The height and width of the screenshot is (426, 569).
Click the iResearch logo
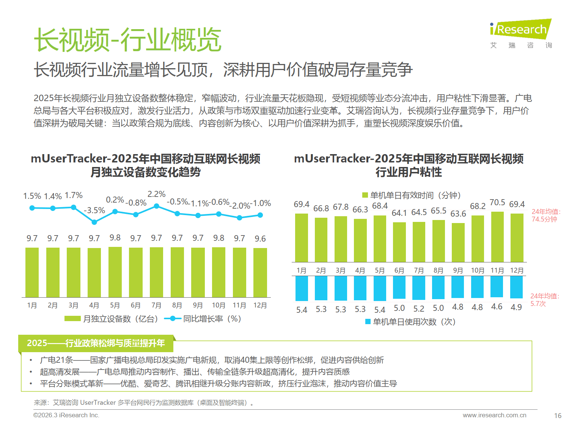[x=520, y=33]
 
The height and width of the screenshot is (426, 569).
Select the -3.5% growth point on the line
[x=94, y=222]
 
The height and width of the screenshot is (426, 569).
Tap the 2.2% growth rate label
[x=156, y=194]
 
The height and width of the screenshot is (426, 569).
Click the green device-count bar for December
[x=260, y=273]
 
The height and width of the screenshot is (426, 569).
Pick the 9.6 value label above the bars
[x=260, y=239]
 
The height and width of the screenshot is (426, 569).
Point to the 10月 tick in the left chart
[x=218, y=305]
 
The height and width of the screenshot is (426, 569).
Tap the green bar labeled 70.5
[x=497, y=237]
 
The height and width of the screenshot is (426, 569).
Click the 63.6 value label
[x=458, y=214]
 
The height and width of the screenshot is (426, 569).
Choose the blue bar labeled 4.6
[x=497, y=287]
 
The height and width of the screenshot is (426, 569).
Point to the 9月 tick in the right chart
[x=458, y=270]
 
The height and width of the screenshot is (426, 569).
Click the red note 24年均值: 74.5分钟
[x=545, y=215]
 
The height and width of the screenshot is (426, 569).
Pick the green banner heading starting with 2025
[x=96, y=343]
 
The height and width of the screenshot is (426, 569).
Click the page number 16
[x=558, y=416]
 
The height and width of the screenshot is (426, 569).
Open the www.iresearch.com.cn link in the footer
[x=494, y=415]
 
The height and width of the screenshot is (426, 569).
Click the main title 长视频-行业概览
[x=127, y=40]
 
